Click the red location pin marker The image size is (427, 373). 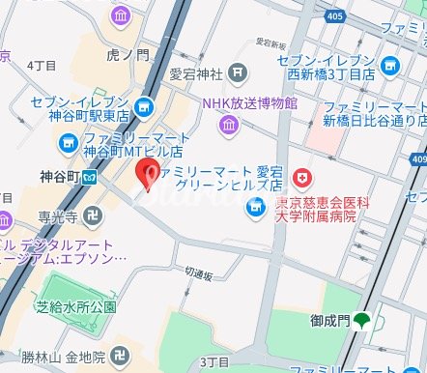click(x=148, y=174)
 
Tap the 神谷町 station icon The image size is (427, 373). click(x=89, y=177)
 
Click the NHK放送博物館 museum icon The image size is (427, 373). click(x=228, y=123)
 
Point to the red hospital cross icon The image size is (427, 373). click(x=304, y=178)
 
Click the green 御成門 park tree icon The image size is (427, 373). click(x=362, y=321)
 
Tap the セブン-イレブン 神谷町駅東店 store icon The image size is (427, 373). click(x=145, y=107)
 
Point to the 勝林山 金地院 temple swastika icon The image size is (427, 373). click(x=121, y=355)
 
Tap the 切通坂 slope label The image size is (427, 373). click(x=197, y=274)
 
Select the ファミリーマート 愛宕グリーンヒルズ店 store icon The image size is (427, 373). click(x=255, y=205)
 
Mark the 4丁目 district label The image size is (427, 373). click(x=42, y=65)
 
